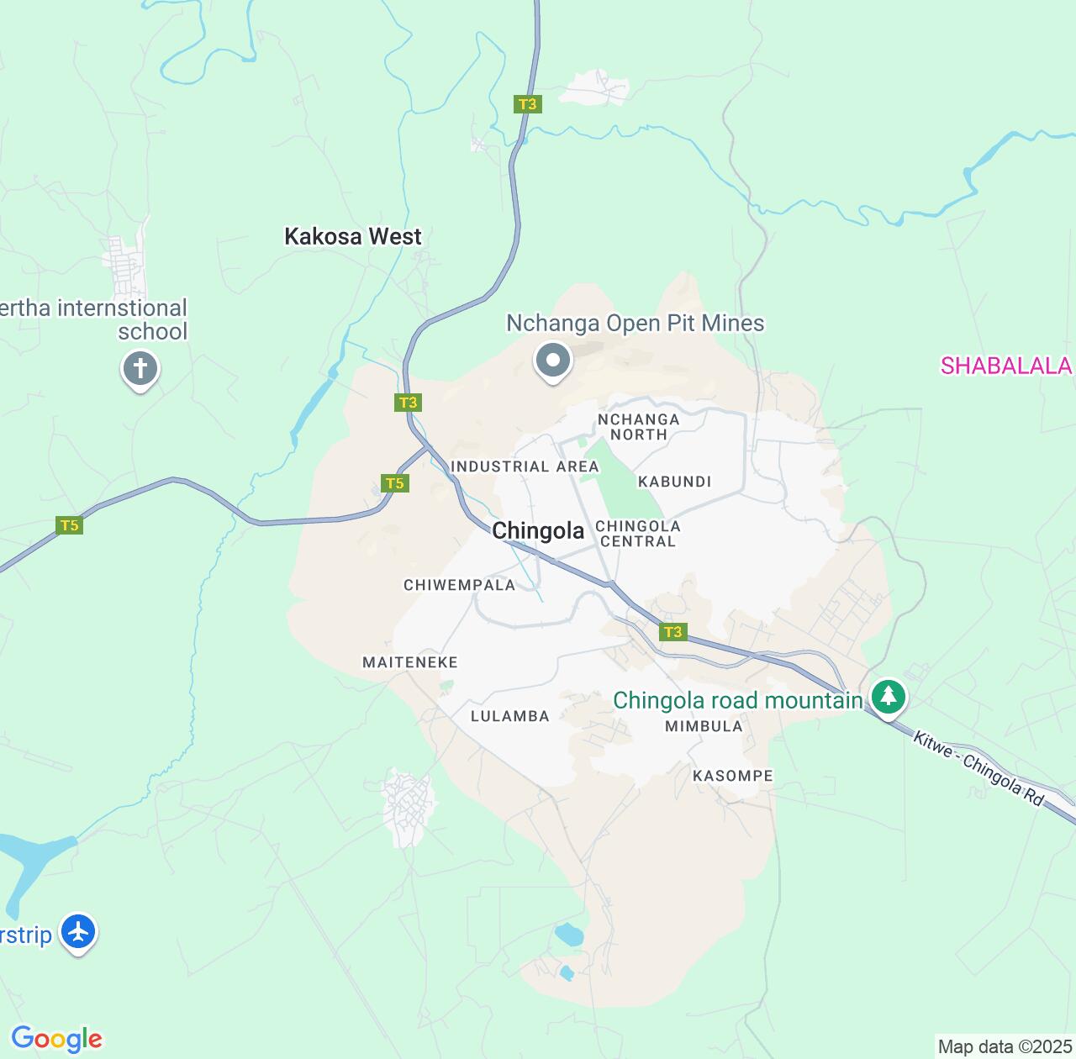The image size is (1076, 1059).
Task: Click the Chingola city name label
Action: point(538,531)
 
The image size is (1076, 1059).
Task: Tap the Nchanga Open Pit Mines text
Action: point(635,324)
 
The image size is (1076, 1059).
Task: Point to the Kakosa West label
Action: point(353,237)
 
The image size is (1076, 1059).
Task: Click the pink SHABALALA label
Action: point(1006,366)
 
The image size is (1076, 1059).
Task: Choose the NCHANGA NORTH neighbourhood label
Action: point(638,427)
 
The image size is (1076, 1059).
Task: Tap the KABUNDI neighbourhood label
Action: point(674,482)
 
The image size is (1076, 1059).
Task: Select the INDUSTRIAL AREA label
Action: point(525,466)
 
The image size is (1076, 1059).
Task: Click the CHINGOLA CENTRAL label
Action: point(637,534)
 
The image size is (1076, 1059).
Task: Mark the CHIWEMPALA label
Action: point(459,585)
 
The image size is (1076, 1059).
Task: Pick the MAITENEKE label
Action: point(410,662)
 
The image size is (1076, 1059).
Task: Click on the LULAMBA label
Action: point(509,716)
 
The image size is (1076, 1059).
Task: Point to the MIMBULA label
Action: point(704,726)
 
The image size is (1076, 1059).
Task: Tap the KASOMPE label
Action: point(732,776)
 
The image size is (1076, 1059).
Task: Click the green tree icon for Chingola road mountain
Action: point(888,697)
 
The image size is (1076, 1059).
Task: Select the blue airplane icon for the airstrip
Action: point(79,932)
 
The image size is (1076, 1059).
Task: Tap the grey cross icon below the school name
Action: point(140,369)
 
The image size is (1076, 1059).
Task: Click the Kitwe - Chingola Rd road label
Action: point(978,769)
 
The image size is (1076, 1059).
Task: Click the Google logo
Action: point(56,1039)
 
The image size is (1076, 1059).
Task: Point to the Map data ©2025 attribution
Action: point(1005,1047)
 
